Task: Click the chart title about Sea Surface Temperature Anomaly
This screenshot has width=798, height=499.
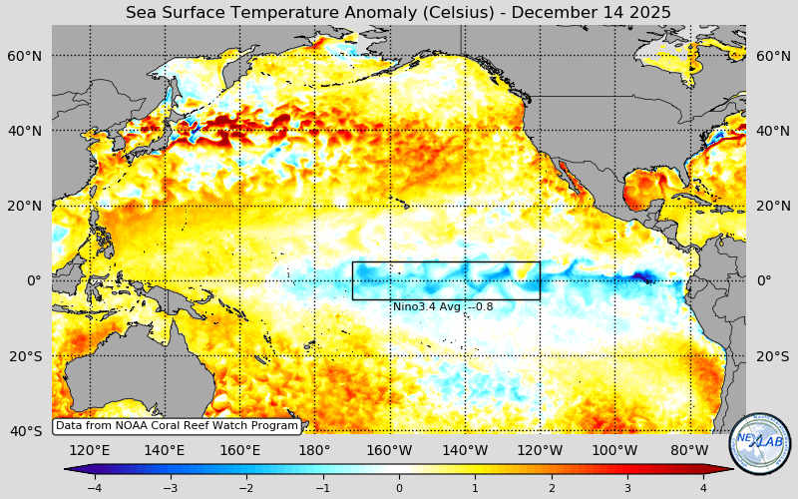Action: pyautogui.click(x=398, y=12)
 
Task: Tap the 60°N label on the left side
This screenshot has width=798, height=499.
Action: pyautogui.click(x=25, y=56)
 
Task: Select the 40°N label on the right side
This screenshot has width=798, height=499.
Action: pyautogui.click(x=773, y=131)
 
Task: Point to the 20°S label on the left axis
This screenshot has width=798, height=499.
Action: pyautogui.click(x=25, y=356)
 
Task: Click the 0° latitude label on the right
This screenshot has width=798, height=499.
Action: pyautogui.click(x=764, y=280)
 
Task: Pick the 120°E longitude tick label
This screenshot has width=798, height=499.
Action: pyautogui.click(x=89, y=450)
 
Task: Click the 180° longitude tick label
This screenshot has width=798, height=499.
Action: pyautogui.click(x=314, y=450)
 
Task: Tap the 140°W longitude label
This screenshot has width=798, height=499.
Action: pyautogui.click(x=465, y=450)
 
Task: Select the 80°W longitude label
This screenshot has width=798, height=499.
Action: pyautogui.click(x=689, y=450)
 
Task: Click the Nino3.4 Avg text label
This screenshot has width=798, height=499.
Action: pyautogui.click(x=442, y=306)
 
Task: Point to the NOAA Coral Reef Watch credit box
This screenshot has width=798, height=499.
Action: pyautogui.click(x=177, y=426)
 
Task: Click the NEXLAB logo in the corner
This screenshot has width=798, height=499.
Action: pyautogui.click(x=760, y=443)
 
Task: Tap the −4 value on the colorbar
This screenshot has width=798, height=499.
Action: pyautogui.click(x=94, y=488)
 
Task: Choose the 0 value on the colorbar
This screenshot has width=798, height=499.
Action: pyautogui.click(x=399, y=488)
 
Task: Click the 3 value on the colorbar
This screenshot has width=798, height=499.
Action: pyautogui.click(x=627, y=488)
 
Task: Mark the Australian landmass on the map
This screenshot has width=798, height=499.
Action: pyautogui.click(x=110, y=384)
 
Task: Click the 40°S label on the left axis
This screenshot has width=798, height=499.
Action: pyautogui.click(x=25, y=431)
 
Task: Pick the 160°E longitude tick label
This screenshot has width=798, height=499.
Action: pyautogui.click(x=239, y=450)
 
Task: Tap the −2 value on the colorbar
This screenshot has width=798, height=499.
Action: pyautogui.click(x=246, y=488)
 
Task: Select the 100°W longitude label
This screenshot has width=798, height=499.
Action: pyautogui.click(x=614, y=450)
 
